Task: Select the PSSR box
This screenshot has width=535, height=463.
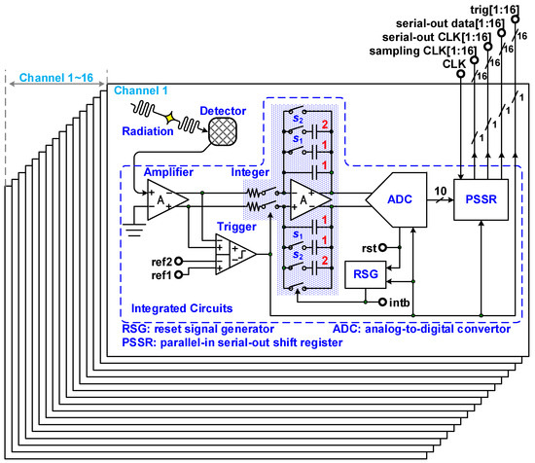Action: (x=478, y=198)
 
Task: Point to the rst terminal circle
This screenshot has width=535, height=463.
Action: (x=386, y=246)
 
